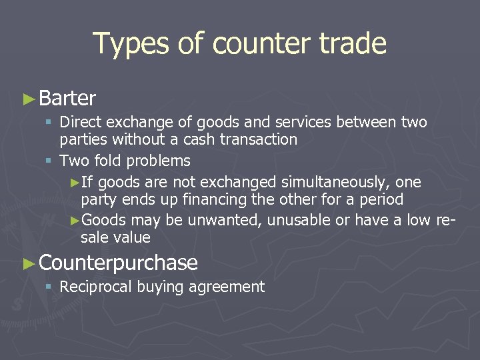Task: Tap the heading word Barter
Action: [67, 99]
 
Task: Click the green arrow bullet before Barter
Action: [29, 99]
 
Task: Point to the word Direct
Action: [78, 123]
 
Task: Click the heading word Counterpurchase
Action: [119, 263]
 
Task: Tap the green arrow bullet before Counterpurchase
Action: [29, 263]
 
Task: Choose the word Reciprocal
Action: [95, 287]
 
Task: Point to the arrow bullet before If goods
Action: [75, 183]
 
